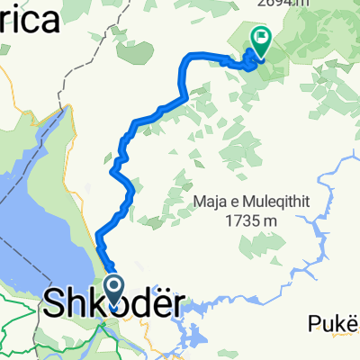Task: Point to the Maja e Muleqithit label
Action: coord(251,202)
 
